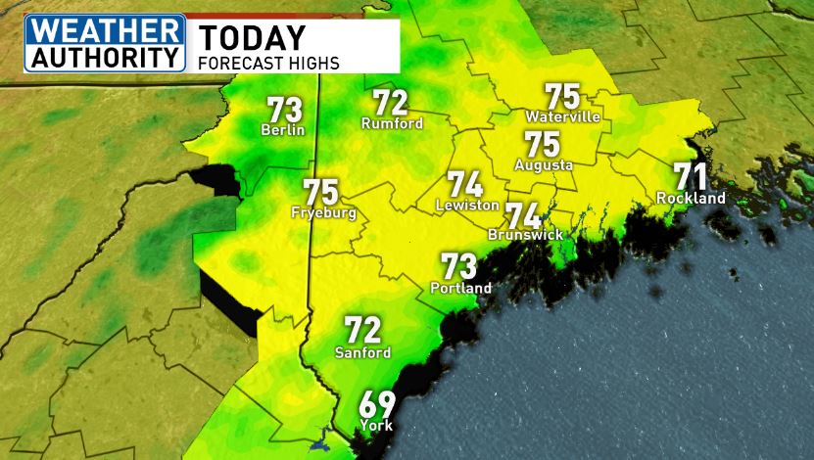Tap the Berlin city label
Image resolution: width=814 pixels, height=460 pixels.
click(x=284, y=130)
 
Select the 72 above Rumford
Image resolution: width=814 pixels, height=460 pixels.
click(x=391, y=103)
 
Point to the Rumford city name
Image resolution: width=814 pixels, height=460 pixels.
click(x=392, y=124)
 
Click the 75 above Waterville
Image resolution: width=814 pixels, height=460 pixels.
click(x=562, y=96)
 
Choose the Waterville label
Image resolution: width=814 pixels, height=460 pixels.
click(x=562, y=117)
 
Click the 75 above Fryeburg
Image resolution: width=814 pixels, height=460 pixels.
click(x=321, y=191)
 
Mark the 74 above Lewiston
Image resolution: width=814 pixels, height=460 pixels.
click(x=466, y=184)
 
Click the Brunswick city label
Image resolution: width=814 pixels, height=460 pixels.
click(x=524, y=236)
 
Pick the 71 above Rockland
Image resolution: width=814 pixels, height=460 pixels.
click(x=691, y=176)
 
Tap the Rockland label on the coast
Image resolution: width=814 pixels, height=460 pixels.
click(x=691, y=199)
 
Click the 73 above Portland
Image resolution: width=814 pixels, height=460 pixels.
click(x=459, y=266)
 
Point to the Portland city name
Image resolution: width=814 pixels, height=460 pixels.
click(x=460, y=289)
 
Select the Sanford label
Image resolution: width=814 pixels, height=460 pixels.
click(x=362, y=352)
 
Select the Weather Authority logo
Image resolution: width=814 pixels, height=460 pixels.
click(x=105, y=43)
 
